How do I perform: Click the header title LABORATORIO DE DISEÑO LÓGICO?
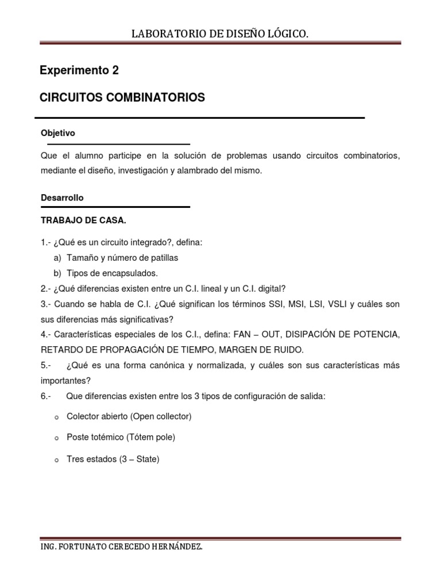[x=220, y=35]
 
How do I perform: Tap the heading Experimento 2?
[x=79, y=71]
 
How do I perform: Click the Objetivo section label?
[x=58, y=133]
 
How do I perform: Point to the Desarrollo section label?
[x=62, y=198]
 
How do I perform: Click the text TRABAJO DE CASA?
[x=83, y=220]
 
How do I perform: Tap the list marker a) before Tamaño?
[x=57, y=258]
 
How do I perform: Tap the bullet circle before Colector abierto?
[x=56, y=417]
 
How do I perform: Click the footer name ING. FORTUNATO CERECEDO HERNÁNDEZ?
[x=121, y=547]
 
